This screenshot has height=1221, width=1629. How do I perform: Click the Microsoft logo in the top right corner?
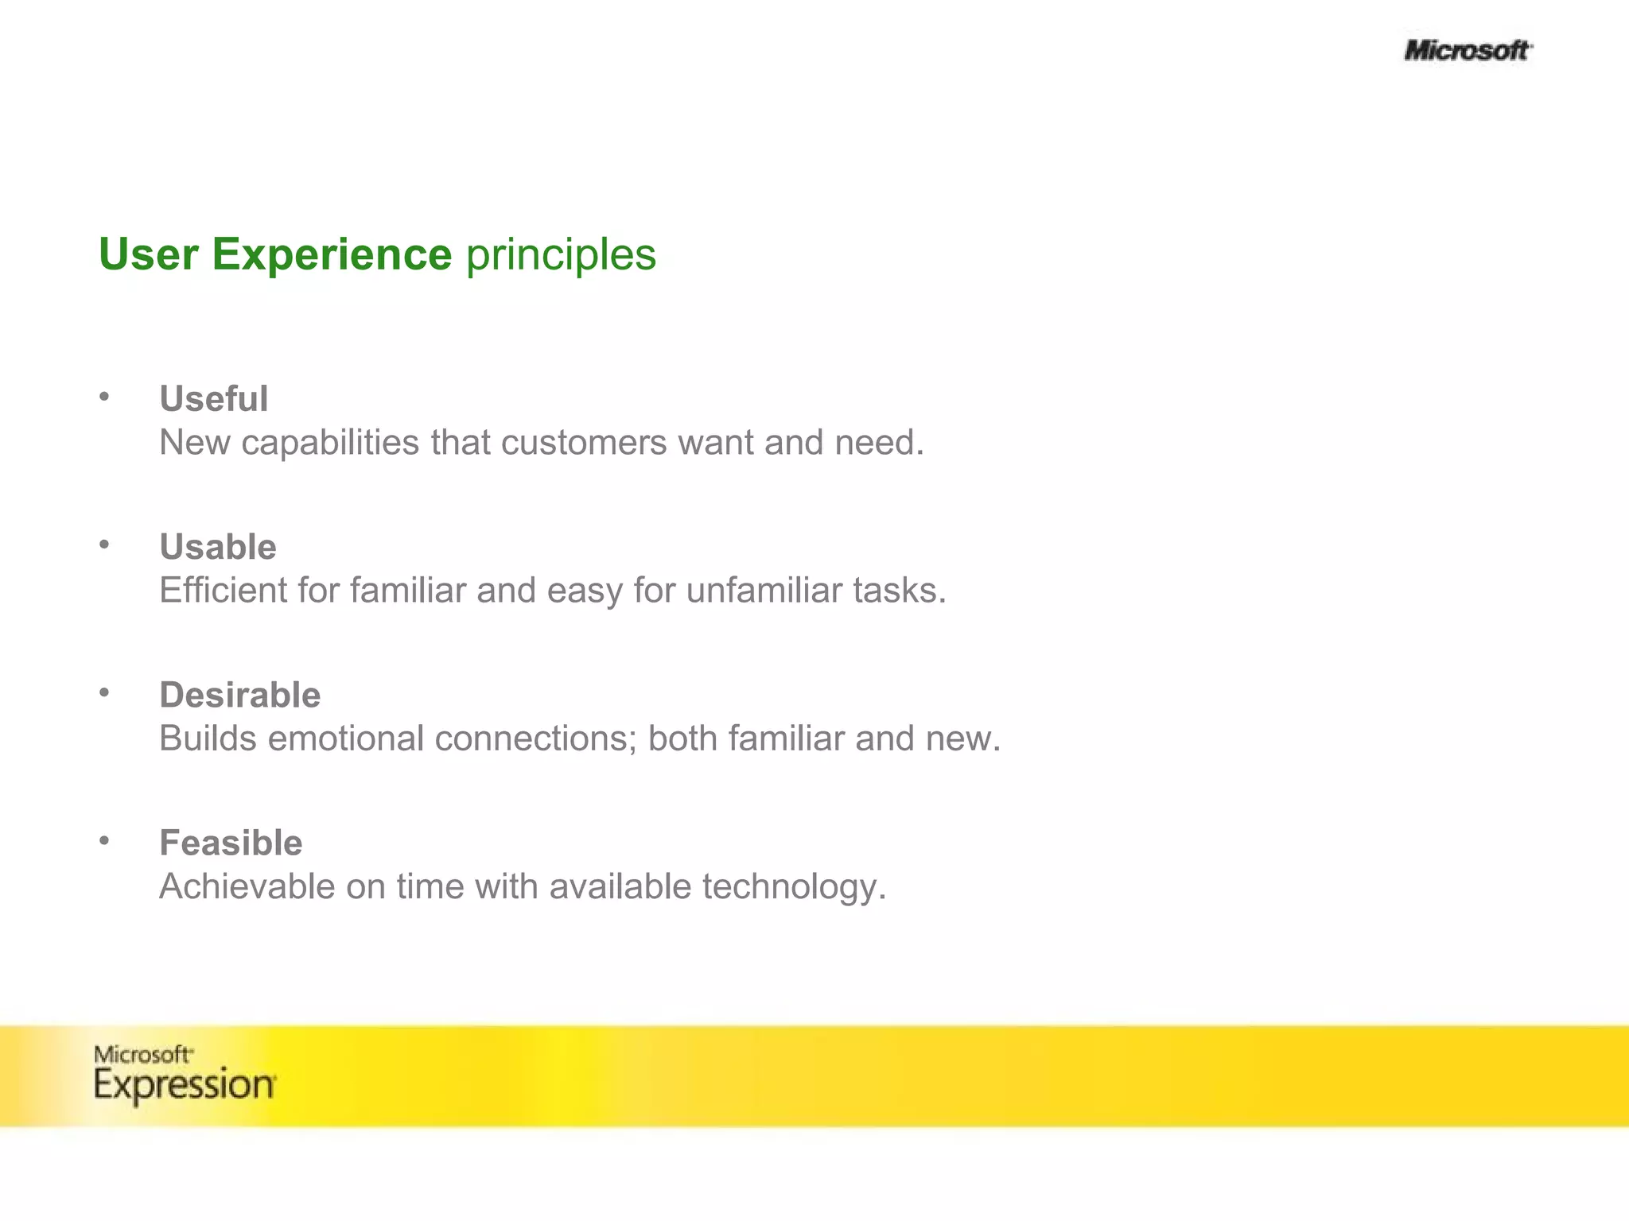pos(1468,51)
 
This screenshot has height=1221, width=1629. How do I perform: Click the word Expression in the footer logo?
pos(185,1085)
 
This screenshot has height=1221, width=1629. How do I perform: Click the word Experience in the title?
pos(332,254)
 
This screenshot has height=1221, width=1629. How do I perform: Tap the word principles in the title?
pos(561,254)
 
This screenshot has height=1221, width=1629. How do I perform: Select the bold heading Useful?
pos(213,399)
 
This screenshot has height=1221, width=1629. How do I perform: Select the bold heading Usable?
pos(218,547)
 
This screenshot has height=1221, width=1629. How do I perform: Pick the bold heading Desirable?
pos(240,695)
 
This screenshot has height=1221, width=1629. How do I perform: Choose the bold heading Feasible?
pos(231,843)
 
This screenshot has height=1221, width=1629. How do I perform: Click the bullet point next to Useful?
pos(104,396)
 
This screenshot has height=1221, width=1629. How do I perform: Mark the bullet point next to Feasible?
pos(104,840)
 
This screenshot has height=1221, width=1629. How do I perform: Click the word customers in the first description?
pos(584,443)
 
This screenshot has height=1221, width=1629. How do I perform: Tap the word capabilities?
pos(330,444)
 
